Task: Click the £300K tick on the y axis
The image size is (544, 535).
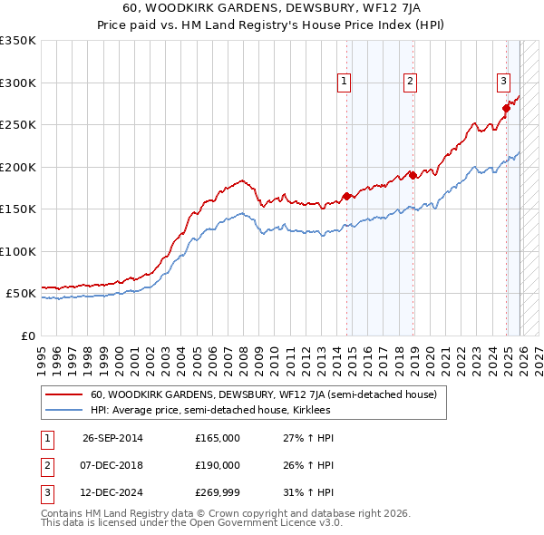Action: (x=18, y=83)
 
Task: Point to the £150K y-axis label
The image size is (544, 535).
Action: (x=18, y=209)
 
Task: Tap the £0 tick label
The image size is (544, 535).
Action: (x=26, y=336)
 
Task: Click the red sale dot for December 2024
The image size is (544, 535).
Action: (x=506, y=108)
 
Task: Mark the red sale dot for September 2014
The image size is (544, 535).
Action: (x=347, y=196)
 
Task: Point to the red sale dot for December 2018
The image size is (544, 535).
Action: (x=413, y=175)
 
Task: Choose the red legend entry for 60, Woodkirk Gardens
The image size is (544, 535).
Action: (x=263, y=394)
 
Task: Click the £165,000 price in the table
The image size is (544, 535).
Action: (x=217, y=438)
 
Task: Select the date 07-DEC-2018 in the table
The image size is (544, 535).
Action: (x=112, y=465)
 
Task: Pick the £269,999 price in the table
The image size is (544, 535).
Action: (x=217, y=493)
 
